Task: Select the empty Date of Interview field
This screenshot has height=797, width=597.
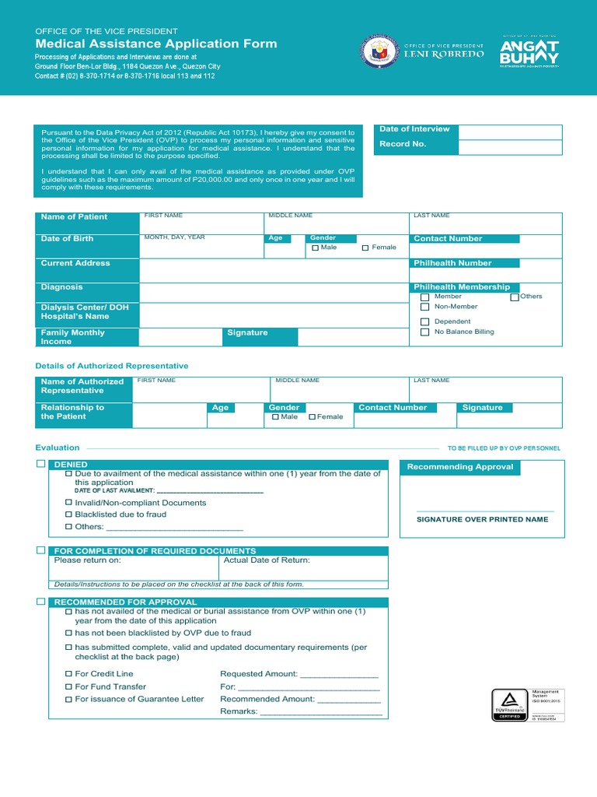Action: (x=510, y=132)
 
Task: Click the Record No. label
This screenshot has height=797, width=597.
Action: (x=403, y=145)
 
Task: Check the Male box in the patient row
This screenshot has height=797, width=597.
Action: (x=316, y=248)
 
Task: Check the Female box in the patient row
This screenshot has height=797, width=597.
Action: (x=365, y=248)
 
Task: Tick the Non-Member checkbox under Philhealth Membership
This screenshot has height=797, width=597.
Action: (x=424, y=307)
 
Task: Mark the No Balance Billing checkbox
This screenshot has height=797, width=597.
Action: (x=424, y=332)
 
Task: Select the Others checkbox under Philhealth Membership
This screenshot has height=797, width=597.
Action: (x=515, y=297)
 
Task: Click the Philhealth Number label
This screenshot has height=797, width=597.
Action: (x=452, y=263)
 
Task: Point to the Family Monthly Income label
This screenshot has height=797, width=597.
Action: (x=72, y=337)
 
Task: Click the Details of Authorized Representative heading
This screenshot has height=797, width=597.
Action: (x=112, y=366)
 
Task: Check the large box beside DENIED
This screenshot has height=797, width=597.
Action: (x=40, y=464)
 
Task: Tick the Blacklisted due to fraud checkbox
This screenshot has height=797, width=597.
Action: (x=68, y=514)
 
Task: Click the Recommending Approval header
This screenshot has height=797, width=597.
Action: (x=460, y=467)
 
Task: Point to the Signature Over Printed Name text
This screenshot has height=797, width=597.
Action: (x=482, y=519)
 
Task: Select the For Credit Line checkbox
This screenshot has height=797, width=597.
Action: (x=68, y=674)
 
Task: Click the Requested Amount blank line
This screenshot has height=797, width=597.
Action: (x=339, y=675)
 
